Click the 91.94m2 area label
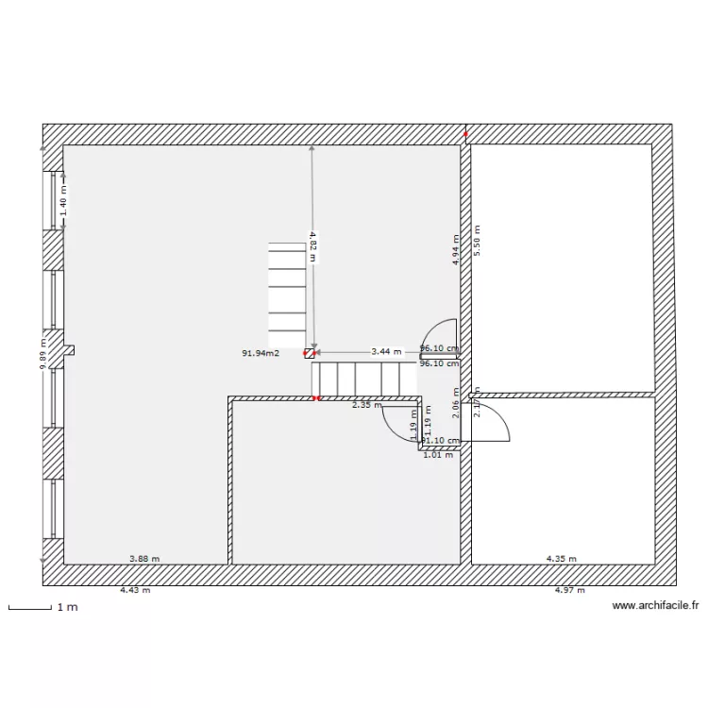(260, 353)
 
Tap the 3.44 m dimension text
(385, 351)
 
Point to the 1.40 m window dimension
(63, 201)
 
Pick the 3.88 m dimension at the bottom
(143, 558)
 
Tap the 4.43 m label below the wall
(134, 590)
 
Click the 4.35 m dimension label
(561, 558)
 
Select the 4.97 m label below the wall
(569, 590)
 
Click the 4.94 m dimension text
(456, 249)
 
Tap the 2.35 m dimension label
(366, 406)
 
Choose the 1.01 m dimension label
(437, 455)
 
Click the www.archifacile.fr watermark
(654, 606)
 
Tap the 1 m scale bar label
(67, 607)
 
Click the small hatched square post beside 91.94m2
(309, 353)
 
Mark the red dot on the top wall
(465, 134)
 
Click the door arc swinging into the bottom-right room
(496, 421)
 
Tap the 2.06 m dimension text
(456, 408)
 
